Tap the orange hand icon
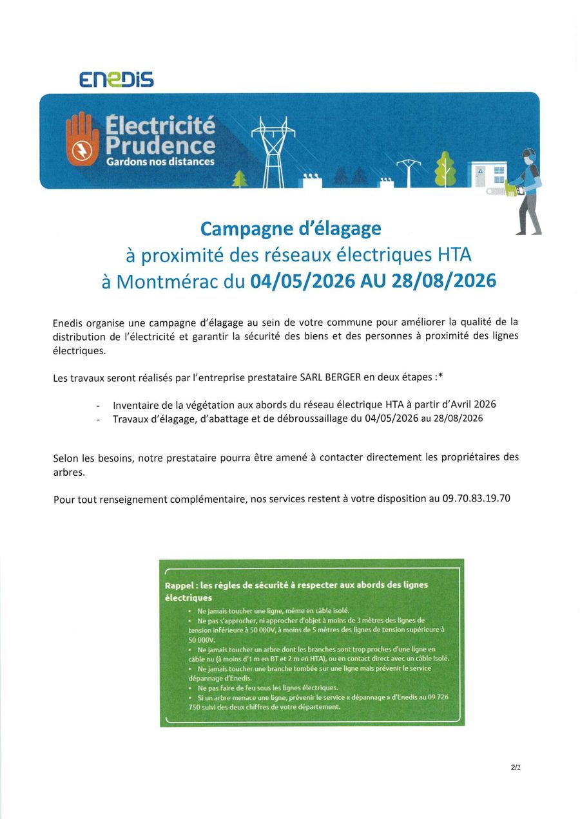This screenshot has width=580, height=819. (84, 140)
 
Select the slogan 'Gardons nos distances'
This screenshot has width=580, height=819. (160, 162)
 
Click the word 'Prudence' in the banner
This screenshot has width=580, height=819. (160, 145)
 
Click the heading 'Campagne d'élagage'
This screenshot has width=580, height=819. (291, 229)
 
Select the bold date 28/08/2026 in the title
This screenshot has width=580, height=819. (444, 281)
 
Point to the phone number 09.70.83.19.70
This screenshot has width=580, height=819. (476, 498)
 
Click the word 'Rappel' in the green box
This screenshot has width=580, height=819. (179, 585)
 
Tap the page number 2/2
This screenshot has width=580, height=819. (516, 767)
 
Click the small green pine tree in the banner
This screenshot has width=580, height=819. (240, 178)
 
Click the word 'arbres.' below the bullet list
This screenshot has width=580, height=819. (68, 472)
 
